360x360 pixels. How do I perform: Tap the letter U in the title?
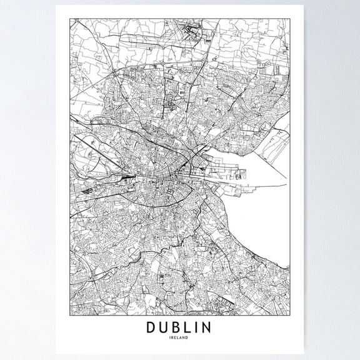(x=165, y=327)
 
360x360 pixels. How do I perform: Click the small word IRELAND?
(x=180, y=339)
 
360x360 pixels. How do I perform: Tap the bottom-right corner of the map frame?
(x=291, y=313)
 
